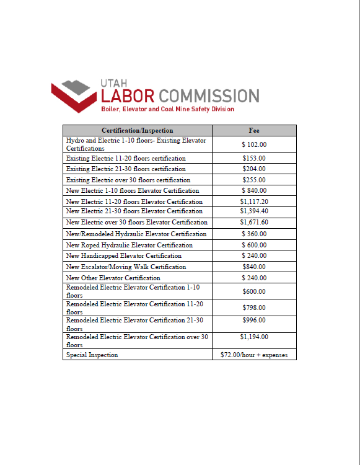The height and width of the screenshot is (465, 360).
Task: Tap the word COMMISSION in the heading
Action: [x=209, y=96]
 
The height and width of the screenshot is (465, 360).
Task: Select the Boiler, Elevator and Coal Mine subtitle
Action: [x=167, y=109]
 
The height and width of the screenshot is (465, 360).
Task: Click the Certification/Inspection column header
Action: [x=137, y=130]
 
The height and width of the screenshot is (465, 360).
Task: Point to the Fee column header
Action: [x=254, y=130]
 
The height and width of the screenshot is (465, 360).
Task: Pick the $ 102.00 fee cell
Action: [x=254, y=144]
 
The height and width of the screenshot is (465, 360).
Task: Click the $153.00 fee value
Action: [x=254, y=158]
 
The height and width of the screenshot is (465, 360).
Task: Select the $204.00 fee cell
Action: [x=254, y=169]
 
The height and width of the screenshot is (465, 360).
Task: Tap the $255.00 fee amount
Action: [x=254, y=180]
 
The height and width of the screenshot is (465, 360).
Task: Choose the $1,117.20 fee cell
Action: [x=254, y=201]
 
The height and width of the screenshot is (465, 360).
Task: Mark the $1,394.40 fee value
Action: [x=254, y=211]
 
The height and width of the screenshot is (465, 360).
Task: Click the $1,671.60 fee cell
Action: [x=254, y=222]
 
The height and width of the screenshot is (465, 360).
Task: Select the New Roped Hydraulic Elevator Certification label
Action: [x=129, y=245]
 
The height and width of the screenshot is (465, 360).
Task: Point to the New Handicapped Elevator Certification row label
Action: [x=124, y=255]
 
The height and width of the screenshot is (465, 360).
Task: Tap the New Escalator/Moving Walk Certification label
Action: [x=126, y=267]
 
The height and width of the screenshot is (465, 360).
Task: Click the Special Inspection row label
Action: [x=92, y=355]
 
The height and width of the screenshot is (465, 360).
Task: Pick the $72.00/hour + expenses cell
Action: [x=254, y=355]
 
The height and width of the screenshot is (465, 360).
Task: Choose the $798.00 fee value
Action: [x=254, y=307]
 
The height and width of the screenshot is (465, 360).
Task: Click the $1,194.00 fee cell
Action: [x=254, y=337]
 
